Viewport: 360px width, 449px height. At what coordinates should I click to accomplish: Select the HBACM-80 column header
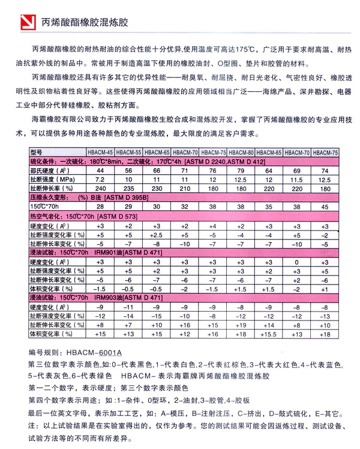click(x=242, y=152)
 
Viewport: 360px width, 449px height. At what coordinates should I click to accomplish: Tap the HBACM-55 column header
click(x=128, y=152)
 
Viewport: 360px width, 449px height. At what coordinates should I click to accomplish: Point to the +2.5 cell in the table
click(x=156, y=235)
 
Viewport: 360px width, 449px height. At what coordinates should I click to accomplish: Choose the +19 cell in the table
click(x=241, y=324)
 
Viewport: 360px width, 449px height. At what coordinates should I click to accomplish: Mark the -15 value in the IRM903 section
click(x=156, y=315)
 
